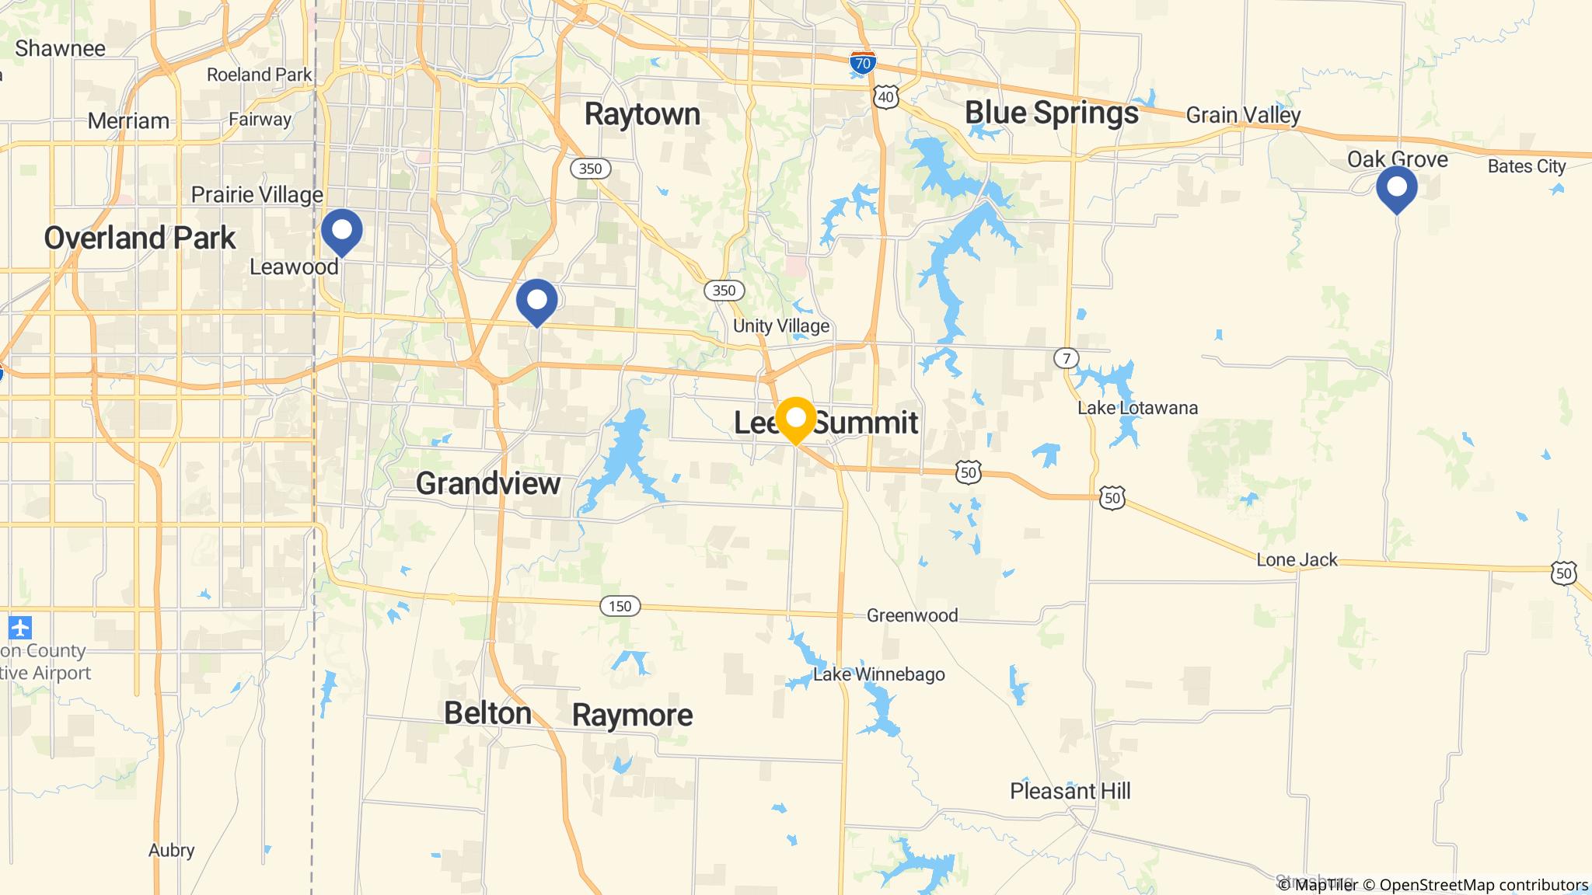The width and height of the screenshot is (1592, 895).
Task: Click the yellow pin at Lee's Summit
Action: pyautogui.click(x=795, y=419)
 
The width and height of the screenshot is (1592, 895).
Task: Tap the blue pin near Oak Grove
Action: pyautogui.click(x=1396, y=188)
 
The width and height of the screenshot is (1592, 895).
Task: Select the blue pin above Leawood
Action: pyautogui.click(x=341, y=231)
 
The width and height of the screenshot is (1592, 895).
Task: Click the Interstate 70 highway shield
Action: pyautogui.click(x=862, y=63)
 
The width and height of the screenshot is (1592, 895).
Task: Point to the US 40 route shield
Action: pyautogui.click(x=885, y=96)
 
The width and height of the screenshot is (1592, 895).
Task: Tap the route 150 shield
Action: pyautogui.click(x=620, y=606)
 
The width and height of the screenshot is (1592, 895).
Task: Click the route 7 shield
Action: pyautogui.click(x=1067, y=358)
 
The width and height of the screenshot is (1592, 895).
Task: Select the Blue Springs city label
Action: pyautogui.click(x=1051, y=113)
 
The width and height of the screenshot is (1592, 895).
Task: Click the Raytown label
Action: pyautogui.click(x=642, y=114)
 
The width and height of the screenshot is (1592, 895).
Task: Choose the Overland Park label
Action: pyautogui.click(x=140, y=238)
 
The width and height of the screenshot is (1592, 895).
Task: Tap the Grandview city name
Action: pyautogui.click(x=488, y=483)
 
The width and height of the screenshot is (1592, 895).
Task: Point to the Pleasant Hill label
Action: pyautogui.click(x=1070, y=791)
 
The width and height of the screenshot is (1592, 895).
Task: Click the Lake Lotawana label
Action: pyautogui.click(x=1137, y=408)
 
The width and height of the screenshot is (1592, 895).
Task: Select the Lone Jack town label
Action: pyautogui.click(x=1297, y=559)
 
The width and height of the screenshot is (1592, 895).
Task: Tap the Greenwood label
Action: pyautogui.click(x=912, y=615)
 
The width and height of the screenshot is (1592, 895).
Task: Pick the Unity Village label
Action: pyautogui.click(x=781, y=326)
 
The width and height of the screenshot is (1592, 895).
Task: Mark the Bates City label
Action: pyautogui.click(x=1526, y=166)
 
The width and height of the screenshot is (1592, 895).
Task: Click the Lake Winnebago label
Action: pyautogui.click(x=878, y=674)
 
